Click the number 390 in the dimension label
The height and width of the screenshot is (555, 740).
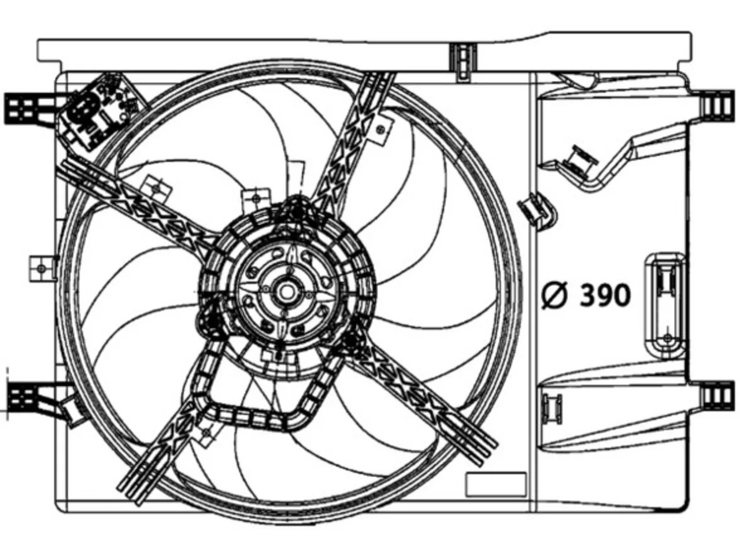605,295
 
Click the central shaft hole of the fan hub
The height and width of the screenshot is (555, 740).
287,292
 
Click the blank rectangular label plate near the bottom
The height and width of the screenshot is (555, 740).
495,484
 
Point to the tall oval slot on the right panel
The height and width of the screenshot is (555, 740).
665,306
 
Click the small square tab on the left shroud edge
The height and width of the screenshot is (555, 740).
42,269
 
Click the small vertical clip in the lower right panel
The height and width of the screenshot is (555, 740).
552,409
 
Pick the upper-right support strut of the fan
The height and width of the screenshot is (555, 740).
352,141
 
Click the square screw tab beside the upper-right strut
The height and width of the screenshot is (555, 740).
382,129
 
